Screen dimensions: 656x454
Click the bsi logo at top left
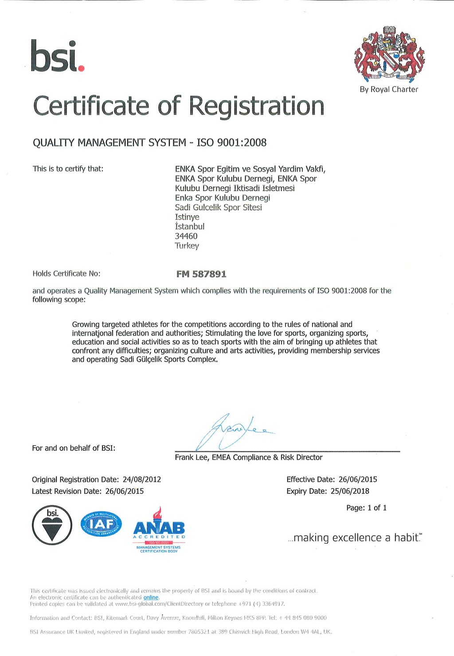(x=57, y=56)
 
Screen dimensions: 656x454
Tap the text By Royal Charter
(x=389, y=89)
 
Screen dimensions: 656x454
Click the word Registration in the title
(x=256, y=106)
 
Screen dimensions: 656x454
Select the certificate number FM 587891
(x=201, y=274)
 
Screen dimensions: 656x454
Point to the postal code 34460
(x=186, y=236)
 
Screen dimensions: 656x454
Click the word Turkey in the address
(x=187, y=246)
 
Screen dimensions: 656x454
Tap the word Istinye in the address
(x=187, y=217)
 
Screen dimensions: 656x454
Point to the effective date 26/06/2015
(x=357, y=479)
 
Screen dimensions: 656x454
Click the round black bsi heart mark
(x=52, y=525)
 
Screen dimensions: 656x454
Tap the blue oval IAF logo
(x=101, y=524)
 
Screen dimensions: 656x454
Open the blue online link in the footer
(x=151, y=598)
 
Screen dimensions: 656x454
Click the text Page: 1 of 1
(x=366, y=508)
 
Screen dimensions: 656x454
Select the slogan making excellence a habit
(x=355, y=538)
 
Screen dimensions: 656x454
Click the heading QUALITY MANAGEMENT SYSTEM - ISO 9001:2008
(x=150, y=143)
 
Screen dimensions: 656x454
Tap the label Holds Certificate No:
(x=67, y=274)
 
